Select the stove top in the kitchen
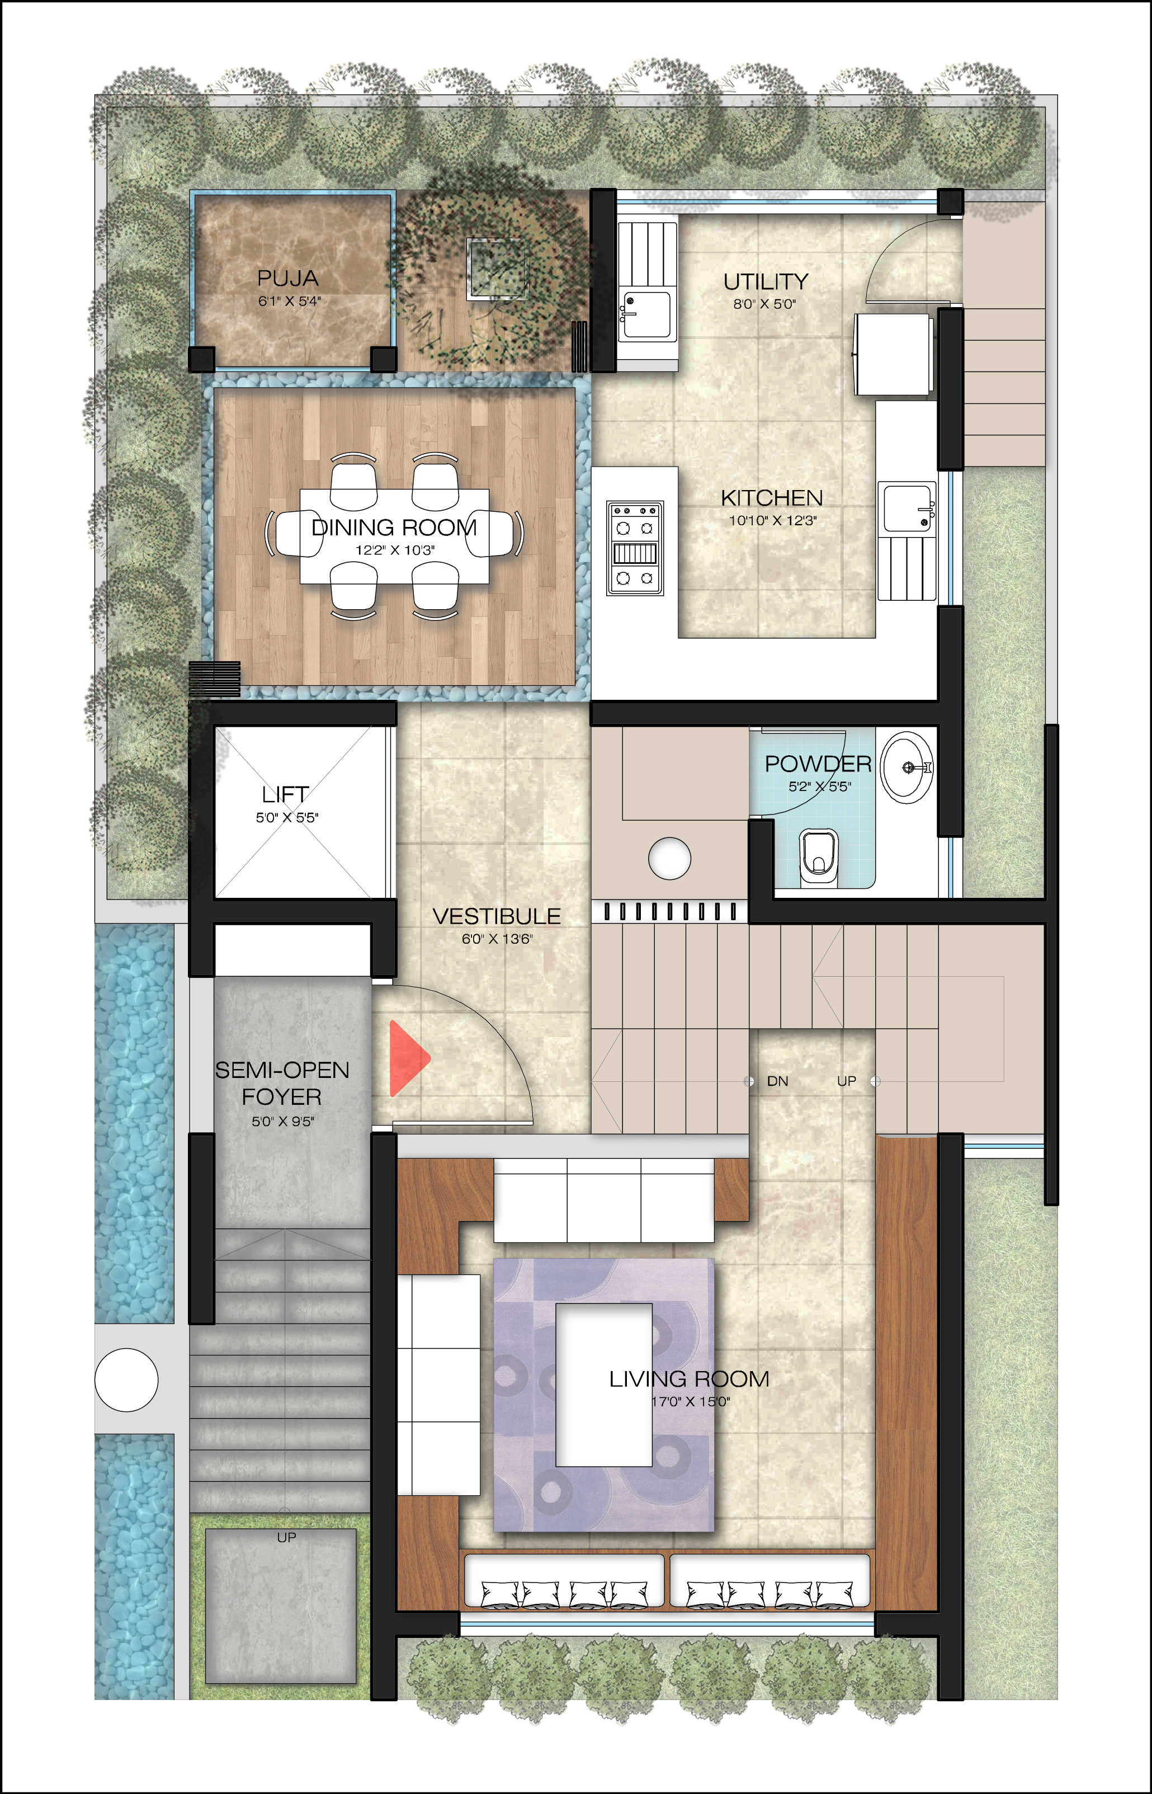(x=634, y=548)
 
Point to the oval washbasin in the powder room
(x=907, y=767)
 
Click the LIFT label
(x=285, y=794)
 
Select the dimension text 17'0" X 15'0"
(x=690, y=1402)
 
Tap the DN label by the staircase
(x=777, y=1081)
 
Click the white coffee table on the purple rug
(x=603, y=1385)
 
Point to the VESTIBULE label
(x=496, y=916)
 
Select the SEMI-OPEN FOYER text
(x=282, y=1084)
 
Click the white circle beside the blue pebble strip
(x=126, y=1380)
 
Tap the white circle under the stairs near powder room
(x=669, y=858)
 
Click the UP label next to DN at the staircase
(x=846, y=1081)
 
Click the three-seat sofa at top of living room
(x=603, y=1199)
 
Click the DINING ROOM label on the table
(x=394, y=528)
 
